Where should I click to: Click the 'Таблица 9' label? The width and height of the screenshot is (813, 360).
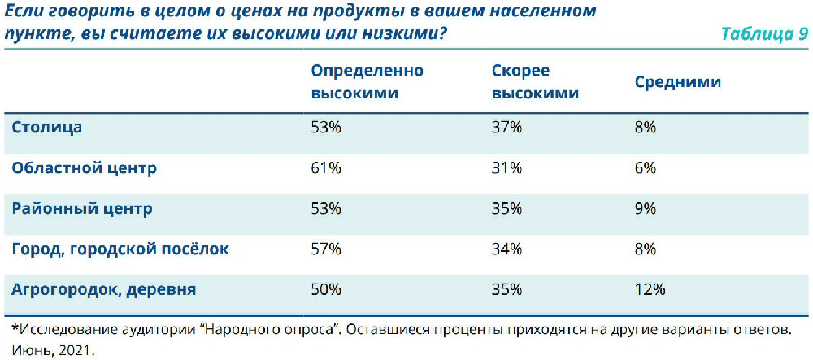(x=763, y=34)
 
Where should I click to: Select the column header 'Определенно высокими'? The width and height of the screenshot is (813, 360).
(x=367, y=82)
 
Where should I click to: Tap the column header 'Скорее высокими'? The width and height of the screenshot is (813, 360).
(x=535, y=82)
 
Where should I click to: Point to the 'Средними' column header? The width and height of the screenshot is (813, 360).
(x=677, y=82)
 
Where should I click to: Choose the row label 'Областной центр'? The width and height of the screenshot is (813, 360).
(x=83, y=168)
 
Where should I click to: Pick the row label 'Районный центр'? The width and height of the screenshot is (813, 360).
(x=81, y=209)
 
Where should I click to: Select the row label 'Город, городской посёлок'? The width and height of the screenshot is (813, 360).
(x=120, y=249)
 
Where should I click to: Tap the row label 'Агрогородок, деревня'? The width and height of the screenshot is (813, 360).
(x=103, y=289)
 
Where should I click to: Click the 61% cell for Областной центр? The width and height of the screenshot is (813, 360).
(x=326, y=168)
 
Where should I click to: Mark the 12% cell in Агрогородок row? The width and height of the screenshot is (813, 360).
(x=650, y=289)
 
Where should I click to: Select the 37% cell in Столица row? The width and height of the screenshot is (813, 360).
(x=506, y=128)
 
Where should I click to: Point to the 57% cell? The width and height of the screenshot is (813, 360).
(x=326, y=249)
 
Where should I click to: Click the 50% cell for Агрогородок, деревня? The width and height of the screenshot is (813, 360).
(x=326, y=289)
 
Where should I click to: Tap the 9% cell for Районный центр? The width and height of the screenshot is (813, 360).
(x=646, y=209)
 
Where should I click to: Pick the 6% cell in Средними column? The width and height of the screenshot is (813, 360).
(x=646, y=168)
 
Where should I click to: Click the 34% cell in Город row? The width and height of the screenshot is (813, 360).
(x=506, y=249)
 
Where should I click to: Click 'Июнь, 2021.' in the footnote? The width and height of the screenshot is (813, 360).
(x=53, y=350)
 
